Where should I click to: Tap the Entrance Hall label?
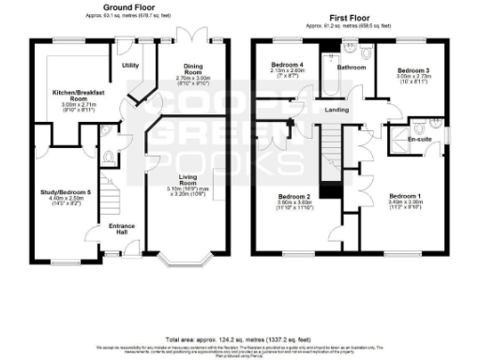click(x=122, y=228)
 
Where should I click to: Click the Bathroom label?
click(x=352, y=67)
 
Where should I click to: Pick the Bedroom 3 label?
click(x=412, y=71)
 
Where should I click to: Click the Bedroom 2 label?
click(x=293, y=196)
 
